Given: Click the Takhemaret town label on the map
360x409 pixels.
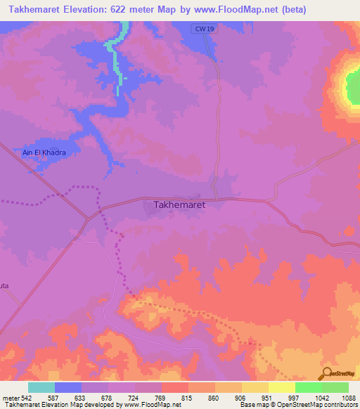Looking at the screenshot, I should [x=179, y=205].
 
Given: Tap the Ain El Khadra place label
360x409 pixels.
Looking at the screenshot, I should [x=44, y=152].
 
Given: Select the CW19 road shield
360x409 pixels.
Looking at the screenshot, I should [x=201, y=28].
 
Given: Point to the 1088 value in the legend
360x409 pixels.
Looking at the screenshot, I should [x=348, y=398].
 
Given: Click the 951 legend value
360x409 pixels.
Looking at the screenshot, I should [x=268, y=398].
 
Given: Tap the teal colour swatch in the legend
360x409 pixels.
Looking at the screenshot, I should [x=41, y=387].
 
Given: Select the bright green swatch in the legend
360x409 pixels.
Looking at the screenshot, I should [x=309, y=387].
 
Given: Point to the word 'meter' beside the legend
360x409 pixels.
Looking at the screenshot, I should [x=10, y=398].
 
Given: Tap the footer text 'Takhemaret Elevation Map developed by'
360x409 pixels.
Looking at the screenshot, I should [x=61, y=405].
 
